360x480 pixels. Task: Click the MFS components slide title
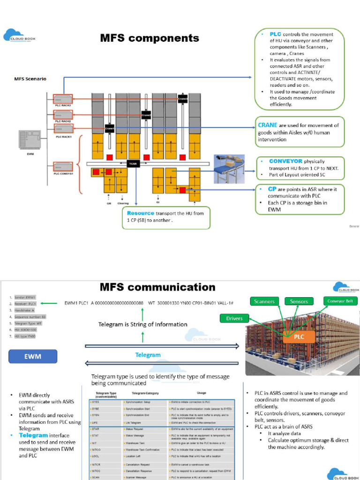[x=150, y=38]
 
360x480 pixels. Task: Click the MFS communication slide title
[x=157, y=287]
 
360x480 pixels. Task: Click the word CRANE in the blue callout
[x=268, y=125]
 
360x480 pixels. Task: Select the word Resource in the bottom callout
[x=140, y=213]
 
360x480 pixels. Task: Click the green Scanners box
[x=264, y=301]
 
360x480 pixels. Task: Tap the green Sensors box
[x=299, y=301]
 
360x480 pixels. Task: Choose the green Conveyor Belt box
[x=342, y=301]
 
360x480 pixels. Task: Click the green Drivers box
[x=234, y=318]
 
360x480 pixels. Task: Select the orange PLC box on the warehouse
[x=299, y=337]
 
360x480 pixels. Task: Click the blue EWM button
[x=33, y=356]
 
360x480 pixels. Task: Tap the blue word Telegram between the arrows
[x=148, y=355]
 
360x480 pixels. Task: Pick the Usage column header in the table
[x=202, y=393]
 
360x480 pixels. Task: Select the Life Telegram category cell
[x=134, y=422]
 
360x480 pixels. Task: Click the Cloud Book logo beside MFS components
[x=19, y=37]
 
